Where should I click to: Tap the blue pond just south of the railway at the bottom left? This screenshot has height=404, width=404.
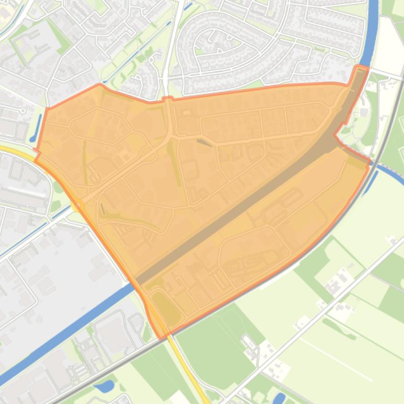pyautogui.click(x=104, y=387)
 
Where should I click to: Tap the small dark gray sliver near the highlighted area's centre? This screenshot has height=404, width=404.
pyautogui.click(x=205, y=142)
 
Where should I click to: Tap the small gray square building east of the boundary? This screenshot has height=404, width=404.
pyautogui.click(x=379, y=112)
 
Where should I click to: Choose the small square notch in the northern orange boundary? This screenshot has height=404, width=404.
pyautogui.click(x=168, y=98)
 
